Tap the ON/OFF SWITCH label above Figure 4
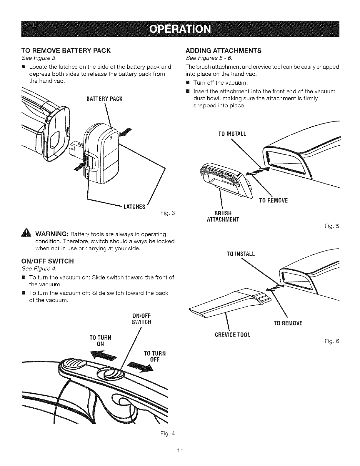(142, 319)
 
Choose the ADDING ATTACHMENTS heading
(224, 50)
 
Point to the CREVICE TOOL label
(232, 335)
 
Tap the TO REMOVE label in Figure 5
(273, 201)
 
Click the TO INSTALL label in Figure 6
(241, 254)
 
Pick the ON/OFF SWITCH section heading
(48, 261)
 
